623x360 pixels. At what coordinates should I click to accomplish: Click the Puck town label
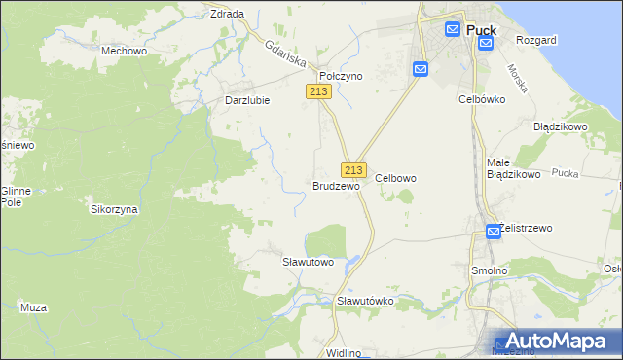(x=481, y=30)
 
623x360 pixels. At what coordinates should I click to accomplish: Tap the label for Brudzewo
(x=336, y=185)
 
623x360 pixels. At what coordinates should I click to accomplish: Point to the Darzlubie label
(x=247, y=99)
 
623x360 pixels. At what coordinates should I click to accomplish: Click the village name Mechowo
(x=124, y=49)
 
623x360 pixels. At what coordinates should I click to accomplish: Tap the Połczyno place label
(x=341, y=75)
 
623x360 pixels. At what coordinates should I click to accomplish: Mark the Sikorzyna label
(x=114, y=209)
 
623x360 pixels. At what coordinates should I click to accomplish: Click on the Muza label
(x=34, y=307)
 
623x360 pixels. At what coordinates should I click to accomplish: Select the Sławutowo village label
(x=308, y=262)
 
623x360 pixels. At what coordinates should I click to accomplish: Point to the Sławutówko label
(x=365, y=301)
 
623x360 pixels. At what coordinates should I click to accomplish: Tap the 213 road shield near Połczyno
(x=318, y=91)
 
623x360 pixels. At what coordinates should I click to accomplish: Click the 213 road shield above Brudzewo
(x=353, y=168)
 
